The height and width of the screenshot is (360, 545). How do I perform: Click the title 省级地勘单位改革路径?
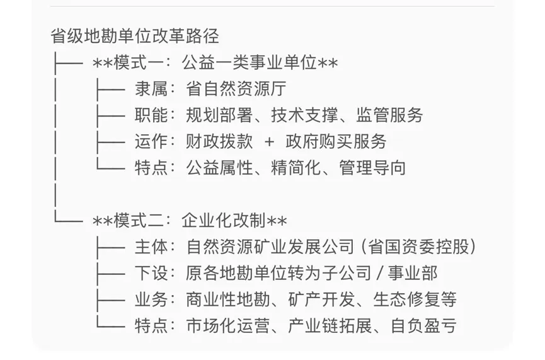135,36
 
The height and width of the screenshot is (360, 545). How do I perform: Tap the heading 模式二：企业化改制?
190,221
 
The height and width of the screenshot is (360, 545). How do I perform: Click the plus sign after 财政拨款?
270,142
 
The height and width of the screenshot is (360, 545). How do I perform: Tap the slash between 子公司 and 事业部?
376,273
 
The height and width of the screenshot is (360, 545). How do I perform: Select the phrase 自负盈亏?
423,326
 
